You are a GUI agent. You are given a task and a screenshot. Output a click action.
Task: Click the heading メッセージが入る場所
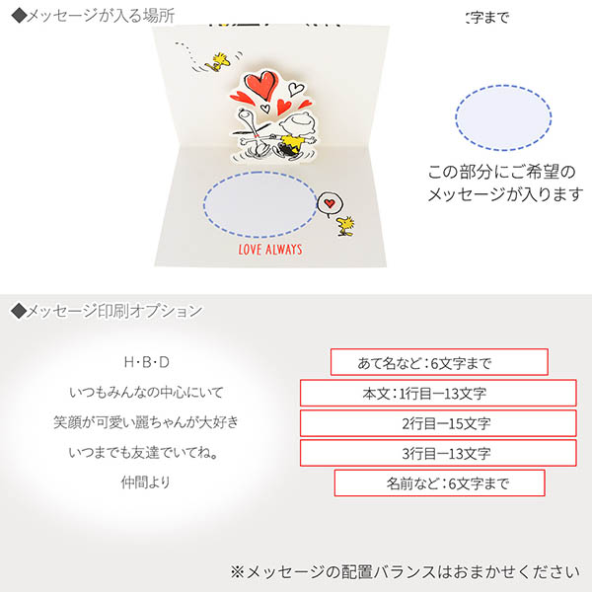click(x=94, y=15)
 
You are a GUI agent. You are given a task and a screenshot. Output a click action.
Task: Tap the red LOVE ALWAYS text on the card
click(x=270, y=250)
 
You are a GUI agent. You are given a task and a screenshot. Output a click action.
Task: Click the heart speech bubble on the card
click(x=332, y=203)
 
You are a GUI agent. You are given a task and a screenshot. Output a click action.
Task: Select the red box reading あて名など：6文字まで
click(x=438, y=362)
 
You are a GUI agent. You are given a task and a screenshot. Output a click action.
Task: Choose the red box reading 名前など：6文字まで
click(x=439, y=484)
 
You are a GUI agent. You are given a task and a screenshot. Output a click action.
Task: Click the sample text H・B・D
click(x=146, y=362)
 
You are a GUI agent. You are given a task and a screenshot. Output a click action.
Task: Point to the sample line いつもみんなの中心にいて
click(x=146, y=393)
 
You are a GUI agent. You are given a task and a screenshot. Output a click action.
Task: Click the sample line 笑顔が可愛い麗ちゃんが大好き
click(x=146, y=423)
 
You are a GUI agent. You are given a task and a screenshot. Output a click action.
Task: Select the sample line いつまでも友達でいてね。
click(x=146, y=454)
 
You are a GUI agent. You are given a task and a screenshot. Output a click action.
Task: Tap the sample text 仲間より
click(x=146, y=484)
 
